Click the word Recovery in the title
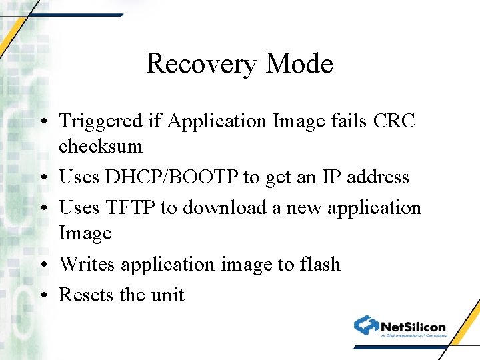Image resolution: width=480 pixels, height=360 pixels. click(x=202, y=65)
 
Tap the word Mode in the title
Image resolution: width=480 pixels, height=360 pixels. click(x=299, y=65)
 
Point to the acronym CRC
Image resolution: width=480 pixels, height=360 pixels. click(x=395, y=121)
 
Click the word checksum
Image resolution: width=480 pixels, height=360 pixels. click(x=101, y=146)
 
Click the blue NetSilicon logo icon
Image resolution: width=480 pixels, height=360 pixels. click(x=366, y=326)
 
